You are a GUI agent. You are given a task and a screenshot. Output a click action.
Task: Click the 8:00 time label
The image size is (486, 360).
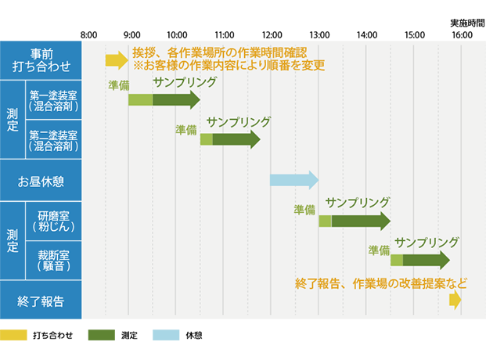click(88, 34)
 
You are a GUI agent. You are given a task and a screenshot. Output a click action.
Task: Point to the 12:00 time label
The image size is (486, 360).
click(272, 34)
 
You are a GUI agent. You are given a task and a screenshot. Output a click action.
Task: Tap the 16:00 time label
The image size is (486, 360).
click(462, 34)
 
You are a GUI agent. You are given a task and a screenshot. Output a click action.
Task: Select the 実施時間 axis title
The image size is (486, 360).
click(467, 23)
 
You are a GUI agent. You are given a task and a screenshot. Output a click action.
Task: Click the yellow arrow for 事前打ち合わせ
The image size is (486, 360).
click(117, 60)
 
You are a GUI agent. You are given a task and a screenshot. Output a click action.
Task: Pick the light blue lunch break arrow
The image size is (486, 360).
click(294, 180)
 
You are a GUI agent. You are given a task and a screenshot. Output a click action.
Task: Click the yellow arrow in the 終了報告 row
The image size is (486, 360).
click(455, 300)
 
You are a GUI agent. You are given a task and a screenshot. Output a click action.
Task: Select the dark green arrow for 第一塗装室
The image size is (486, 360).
click(176, 100)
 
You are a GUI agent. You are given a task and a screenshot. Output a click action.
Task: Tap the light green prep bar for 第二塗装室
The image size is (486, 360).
click(207, 139)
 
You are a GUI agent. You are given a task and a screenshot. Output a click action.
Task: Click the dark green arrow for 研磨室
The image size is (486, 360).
click(361, 221)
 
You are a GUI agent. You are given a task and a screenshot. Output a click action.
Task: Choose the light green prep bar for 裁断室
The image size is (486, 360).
click(397, 260)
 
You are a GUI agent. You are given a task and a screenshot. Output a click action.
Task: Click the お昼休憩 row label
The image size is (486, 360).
click(41, 182)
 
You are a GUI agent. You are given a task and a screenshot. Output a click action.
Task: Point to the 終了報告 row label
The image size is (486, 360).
click(41, 301)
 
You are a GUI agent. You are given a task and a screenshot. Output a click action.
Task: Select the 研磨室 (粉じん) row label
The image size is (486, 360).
click(54, 221)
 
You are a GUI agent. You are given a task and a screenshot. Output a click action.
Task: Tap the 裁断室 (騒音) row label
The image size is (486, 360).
click(54, 261)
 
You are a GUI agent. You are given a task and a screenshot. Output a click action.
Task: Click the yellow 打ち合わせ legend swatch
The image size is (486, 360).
click(13, 335)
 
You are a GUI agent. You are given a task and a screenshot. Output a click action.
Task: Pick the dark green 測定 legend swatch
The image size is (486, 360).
click(102, 335)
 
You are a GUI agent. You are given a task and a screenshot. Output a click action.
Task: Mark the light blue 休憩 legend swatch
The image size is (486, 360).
click(166, 335)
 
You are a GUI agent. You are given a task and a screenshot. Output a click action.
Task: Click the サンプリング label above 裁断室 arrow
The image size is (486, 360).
click(427, 242)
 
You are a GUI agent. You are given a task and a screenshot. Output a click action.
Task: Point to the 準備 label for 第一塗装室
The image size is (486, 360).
click(119, 85)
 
